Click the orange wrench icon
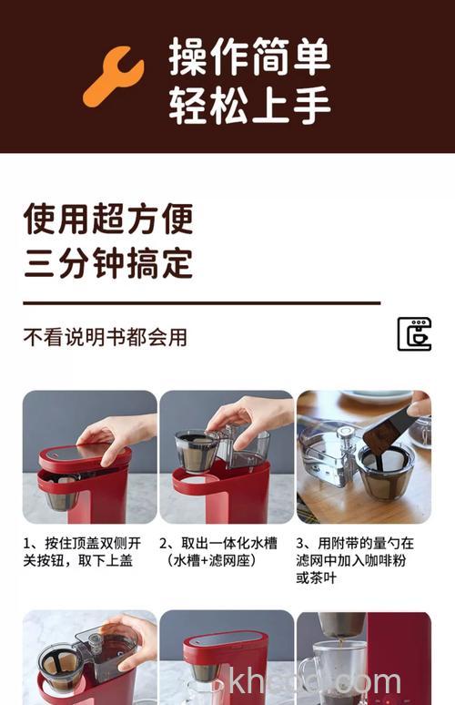coord(114,77)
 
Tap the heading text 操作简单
coord(249,57)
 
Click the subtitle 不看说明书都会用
coord(105,337)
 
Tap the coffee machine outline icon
coord(414,334)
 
